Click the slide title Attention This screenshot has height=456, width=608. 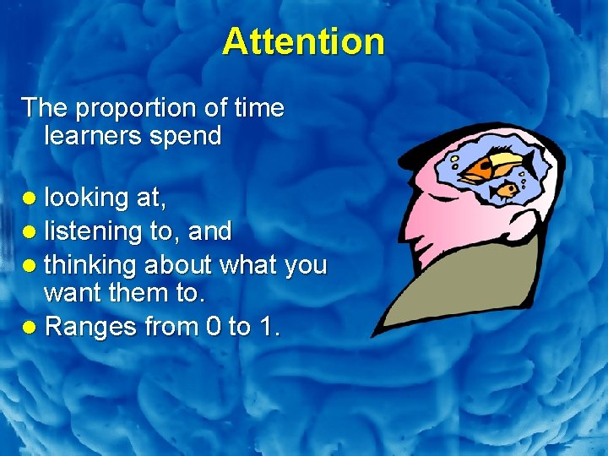coord(303,41)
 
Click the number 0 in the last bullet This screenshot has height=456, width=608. coord(215,327)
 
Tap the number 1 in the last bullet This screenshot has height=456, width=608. coord(268,327)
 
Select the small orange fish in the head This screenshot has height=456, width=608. coord(507,190)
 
